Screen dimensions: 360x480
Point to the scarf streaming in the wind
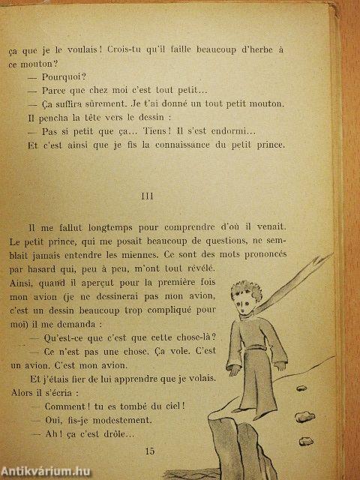[300, 270]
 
